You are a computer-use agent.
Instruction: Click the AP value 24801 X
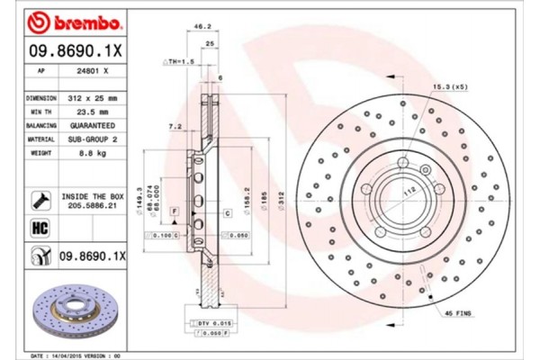94,69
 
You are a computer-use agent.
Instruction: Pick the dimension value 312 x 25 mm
94,96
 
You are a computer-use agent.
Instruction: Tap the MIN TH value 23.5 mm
94,112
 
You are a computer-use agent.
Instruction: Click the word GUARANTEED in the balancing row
94,126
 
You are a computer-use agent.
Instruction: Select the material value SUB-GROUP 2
94,140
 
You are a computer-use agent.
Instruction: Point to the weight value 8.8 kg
94,155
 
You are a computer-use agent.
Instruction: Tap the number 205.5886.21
94,205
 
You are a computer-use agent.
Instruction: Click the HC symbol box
40,228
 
